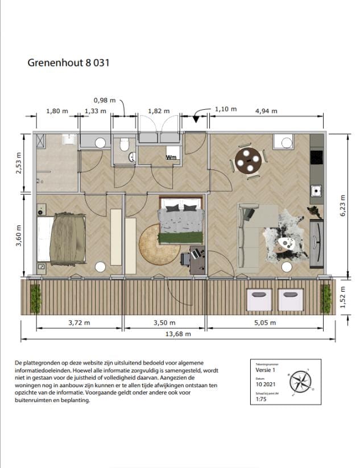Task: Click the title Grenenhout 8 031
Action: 68,63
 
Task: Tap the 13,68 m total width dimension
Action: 178,334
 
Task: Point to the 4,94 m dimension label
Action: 266,111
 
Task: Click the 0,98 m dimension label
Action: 104,100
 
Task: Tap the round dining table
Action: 249,160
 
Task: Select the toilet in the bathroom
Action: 125,146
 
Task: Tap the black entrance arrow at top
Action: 197,119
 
